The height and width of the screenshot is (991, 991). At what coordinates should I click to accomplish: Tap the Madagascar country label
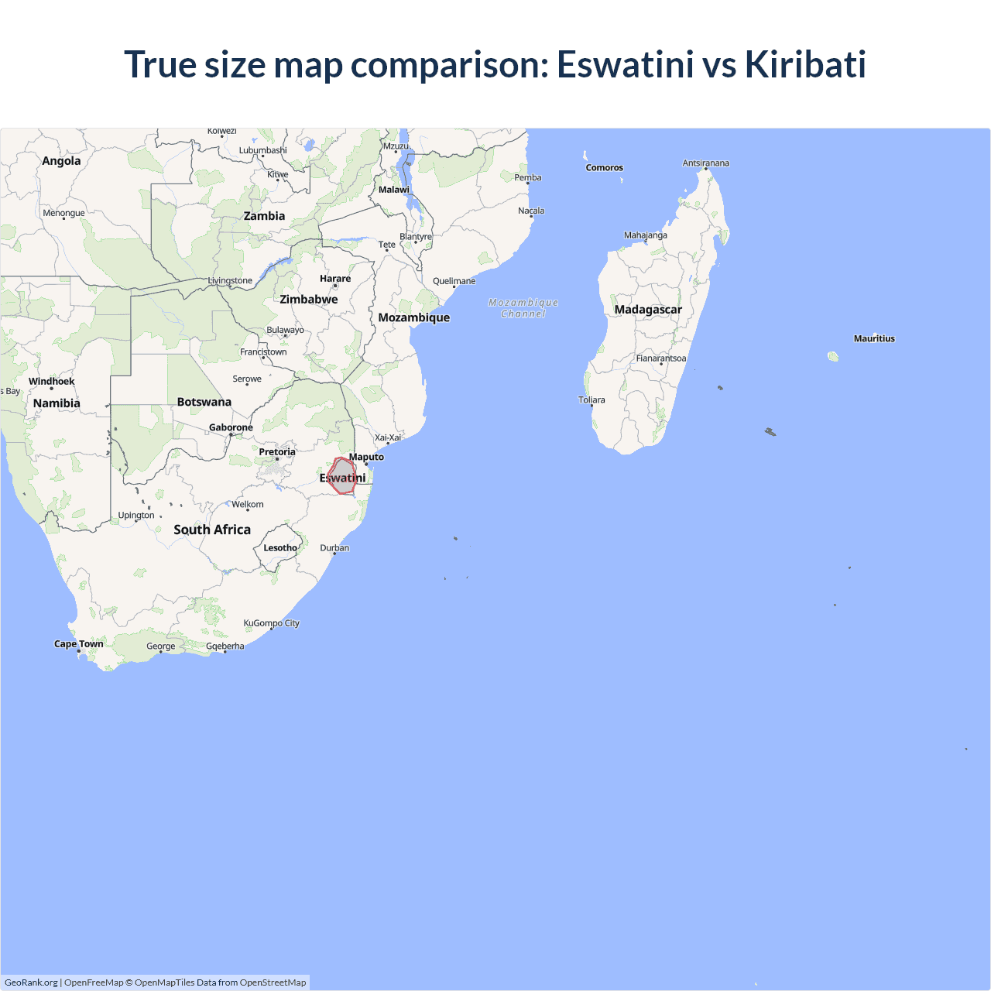pos(648,310)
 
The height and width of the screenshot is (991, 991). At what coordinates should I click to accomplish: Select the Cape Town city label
pos(78,643)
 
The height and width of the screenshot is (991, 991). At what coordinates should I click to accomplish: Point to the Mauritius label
pos(874,338)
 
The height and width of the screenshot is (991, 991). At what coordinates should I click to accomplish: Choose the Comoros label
pos(604,167)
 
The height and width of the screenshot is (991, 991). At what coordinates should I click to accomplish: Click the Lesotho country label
pos(279,547)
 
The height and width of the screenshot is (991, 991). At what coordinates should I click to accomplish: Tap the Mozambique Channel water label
pos(523,308)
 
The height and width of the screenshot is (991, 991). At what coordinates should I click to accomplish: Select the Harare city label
pos(335,279)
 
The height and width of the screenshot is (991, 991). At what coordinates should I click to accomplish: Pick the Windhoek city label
pos(52,381)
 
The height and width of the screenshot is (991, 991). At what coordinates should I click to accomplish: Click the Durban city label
pos(334,547)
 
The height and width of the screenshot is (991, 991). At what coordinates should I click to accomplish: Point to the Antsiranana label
pos(705,163)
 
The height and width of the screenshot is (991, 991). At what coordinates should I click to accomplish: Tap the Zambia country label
pos(264,216)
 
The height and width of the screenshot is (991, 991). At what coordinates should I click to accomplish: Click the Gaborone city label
pos(231,427)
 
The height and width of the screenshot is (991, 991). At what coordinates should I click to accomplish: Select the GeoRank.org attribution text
pos(31,982)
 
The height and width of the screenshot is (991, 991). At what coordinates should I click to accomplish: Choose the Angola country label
pos(61,161)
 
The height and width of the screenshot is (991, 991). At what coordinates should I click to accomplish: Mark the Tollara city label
pos(592,399)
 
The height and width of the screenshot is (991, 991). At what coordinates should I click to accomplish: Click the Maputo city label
pos(366,457)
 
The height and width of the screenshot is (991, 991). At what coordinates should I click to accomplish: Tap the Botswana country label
pos(204,402)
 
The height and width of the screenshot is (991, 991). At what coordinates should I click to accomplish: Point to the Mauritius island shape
pos(833,356)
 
